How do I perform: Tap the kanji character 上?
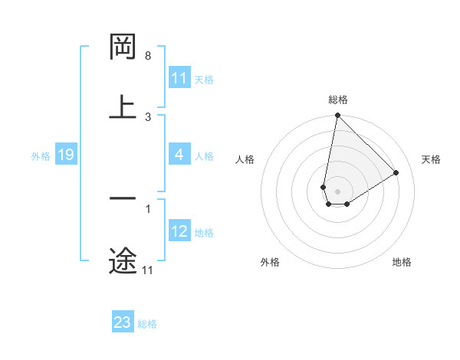pyautogui.click(x=123, y=106)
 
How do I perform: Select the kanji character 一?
pyautogui.click(x=123, y=198)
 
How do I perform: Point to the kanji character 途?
pyautogui.click(x=123, y=260)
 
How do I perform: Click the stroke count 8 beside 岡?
pyautogui.click(x=148, y=56)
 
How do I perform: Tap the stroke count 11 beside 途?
pyautogui.click(x=148, y=270)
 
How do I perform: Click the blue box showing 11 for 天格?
pyautogui.click(x=179, y=78)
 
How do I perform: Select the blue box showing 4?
pyautogui.click(x=179, y=155)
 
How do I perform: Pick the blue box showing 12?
pyautogui.click(x=179, y=231)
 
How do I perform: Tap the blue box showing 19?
pyautogui.click(x=66, y=155)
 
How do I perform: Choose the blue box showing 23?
pyautogui.click(x=123, y=322)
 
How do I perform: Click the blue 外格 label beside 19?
pyautogui.click(x=41, y=155)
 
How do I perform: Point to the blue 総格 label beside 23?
pyautogui.click(x=147, y=323)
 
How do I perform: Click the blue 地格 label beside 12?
pyautogui.click(x=204, y=232)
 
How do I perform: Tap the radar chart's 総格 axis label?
pyautogui.click(x=338, y=100)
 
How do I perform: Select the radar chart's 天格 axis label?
pyautogui.click(x=432, y=159)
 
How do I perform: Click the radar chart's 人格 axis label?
pyautogui.click(x=245, y=159)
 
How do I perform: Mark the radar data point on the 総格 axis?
pyautogui.click(x=337, y=116)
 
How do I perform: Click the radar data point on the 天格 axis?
pyautogui.click(x=396, y=172)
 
